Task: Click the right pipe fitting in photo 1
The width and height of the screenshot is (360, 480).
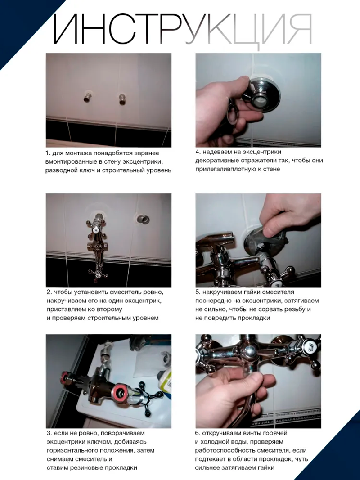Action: click(122, 99)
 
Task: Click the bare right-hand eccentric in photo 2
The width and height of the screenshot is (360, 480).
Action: click(143, 219)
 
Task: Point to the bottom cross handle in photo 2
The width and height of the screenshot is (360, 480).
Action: click(98, 274)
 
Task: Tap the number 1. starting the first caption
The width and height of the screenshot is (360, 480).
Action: click(48, 153)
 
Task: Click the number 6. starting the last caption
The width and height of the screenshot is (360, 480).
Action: click(198, 433)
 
